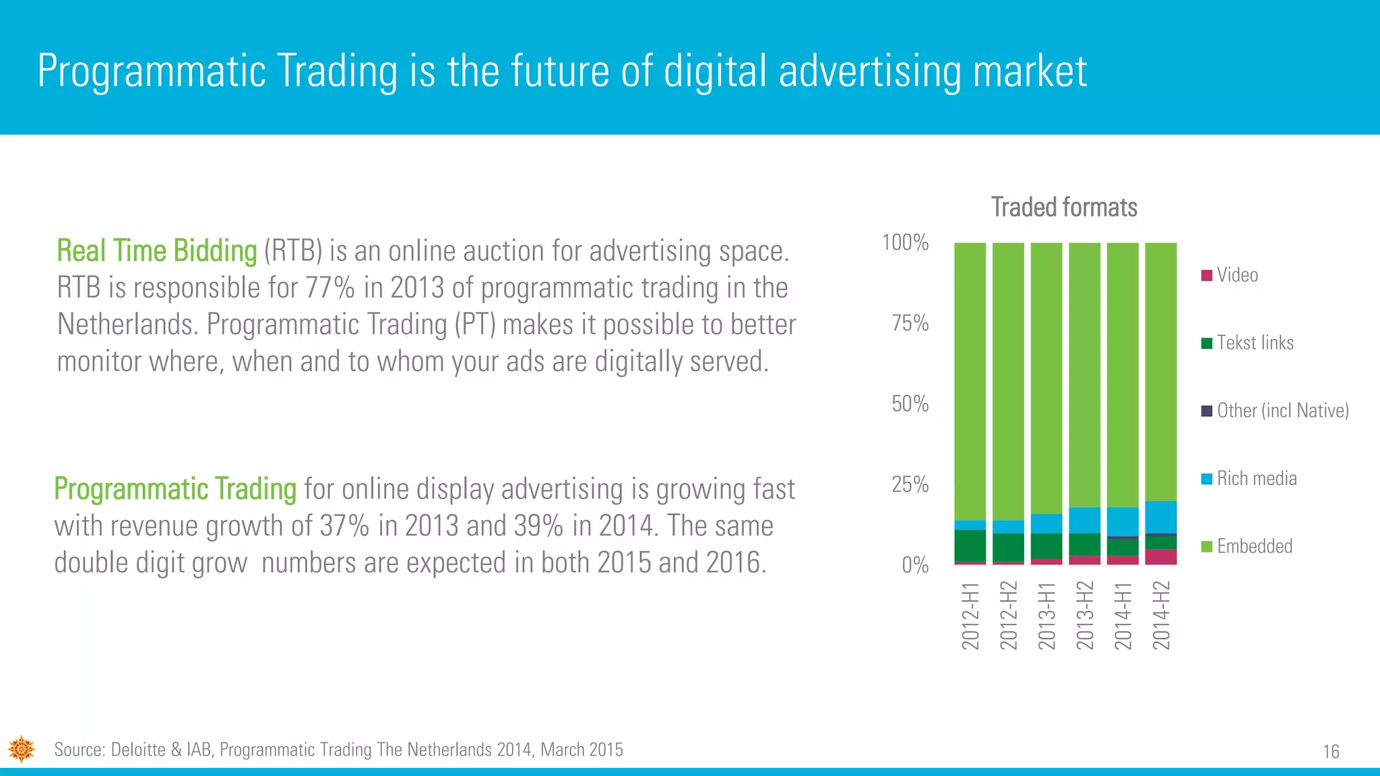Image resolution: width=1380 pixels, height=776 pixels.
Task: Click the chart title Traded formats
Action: [1063, 207]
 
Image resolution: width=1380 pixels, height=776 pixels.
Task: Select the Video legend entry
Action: [1236, 275]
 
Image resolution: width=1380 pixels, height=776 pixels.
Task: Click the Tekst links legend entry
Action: [1255, 343]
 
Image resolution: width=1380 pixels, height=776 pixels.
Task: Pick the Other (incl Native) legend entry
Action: [1282, 410]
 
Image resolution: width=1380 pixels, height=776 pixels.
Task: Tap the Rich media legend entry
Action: [1256, 478]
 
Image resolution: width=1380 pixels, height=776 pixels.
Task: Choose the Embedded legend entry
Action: [1254, 546]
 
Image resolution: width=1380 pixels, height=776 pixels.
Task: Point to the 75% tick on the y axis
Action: [910, 323]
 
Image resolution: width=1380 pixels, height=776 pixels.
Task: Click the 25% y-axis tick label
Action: [910, 484]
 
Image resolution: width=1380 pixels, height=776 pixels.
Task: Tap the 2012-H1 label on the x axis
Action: [970, 616]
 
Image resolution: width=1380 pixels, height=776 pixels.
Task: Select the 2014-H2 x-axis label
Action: [1161, 616]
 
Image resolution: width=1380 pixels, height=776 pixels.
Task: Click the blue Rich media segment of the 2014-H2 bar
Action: [1161, 517]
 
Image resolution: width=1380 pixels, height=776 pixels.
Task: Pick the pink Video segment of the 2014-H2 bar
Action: [1161, 557]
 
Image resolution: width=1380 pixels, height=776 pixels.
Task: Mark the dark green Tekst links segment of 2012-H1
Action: [970, 546]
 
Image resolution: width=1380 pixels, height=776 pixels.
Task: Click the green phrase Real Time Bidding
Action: [156, 251]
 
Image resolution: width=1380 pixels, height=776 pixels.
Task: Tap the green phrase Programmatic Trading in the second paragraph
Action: [175, 489]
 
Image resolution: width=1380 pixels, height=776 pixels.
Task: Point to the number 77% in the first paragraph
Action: [330, 288]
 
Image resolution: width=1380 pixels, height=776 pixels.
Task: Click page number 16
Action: [1331, 752]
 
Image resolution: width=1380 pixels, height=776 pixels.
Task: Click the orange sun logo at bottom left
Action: [22, 749]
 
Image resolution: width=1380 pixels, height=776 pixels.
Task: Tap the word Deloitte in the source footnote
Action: [137, 750]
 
